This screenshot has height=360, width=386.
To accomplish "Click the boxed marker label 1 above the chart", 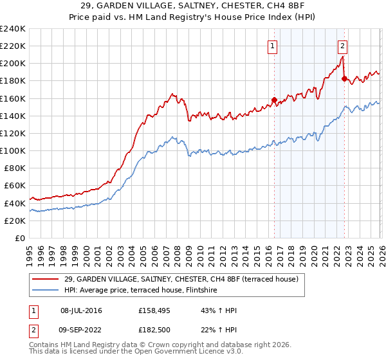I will point(273,46).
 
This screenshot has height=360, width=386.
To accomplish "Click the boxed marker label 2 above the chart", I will point(342,46).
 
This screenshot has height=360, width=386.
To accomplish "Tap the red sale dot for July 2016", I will point(274,100).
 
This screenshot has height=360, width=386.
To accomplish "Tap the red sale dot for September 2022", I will point(344,79).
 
